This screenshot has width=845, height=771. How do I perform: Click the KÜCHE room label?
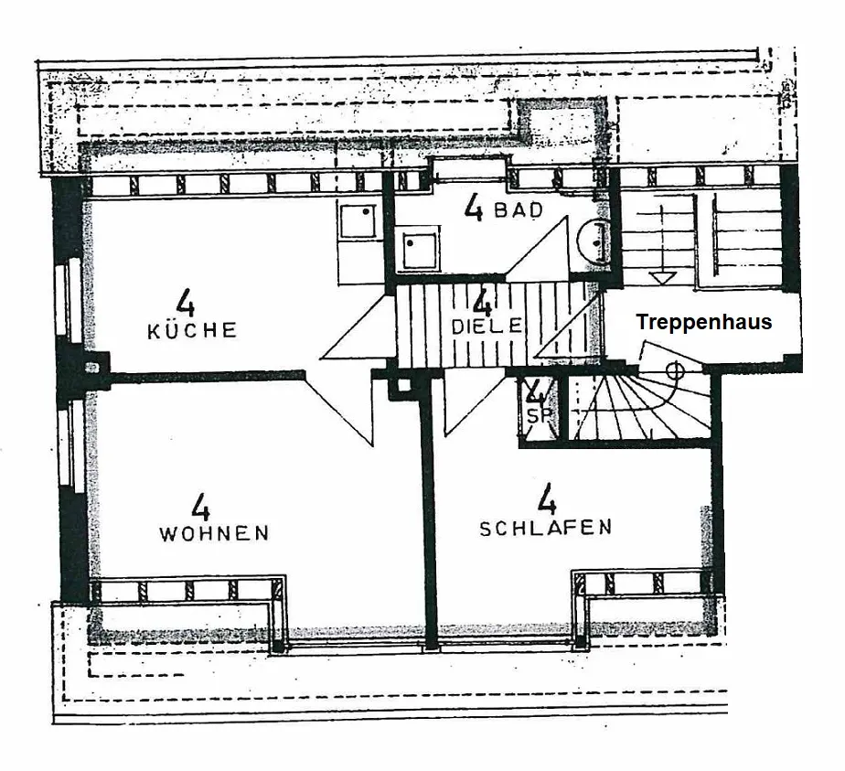pos(192,331)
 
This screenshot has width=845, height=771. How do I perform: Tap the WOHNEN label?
pos(214,533)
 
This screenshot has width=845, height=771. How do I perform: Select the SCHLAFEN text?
pos(545,528)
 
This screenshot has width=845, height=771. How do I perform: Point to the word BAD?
pos(519,210)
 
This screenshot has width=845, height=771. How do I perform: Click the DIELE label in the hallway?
pos(487,326)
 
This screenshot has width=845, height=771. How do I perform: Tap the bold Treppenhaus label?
pos(704,322)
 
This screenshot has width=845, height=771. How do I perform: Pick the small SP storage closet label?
pos(535,416)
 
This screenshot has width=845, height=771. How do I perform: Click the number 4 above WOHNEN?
pos(200,507)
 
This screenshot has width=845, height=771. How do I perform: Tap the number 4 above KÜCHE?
pos(185,302)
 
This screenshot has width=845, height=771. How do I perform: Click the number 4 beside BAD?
pos(473,208)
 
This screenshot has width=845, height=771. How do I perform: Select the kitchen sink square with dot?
pos(358,220)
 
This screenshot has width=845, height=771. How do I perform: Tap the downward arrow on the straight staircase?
pos(662,278)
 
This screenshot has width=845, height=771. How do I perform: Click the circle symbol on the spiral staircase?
pos(674,370)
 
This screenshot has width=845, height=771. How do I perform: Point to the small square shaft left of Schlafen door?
pos(403,386)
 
